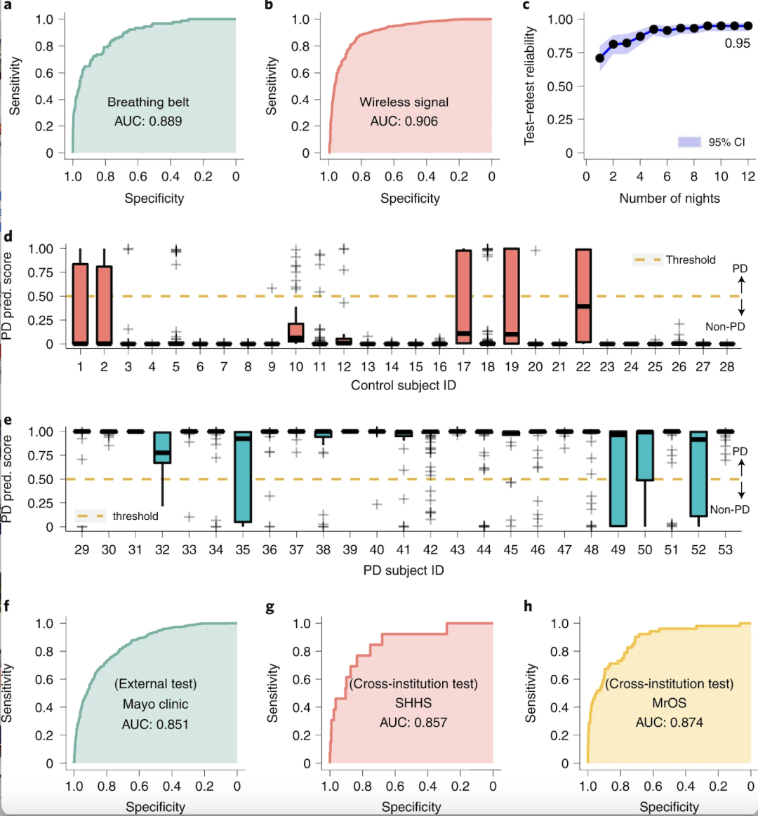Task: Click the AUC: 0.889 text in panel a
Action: pyautogui.click(x=148, y=121)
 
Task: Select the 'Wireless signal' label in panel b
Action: pyautogui.click(x=404, y=102)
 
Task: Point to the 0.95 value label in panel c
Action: pyautogui.click(x=737, y=44)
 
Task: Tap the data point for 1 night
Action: pyautogui.click(x=600, y=58)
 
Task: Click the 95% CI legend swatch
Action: pyautogui.click(x=690, y=142)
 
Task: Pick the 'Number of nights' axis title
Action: pyautogui.click(x=669, y=199)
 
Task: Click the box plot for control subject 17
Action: pyautogui.click(x=463, y=296)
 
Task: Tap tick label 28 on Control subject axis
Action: pyautogui.click(x=726, y=366)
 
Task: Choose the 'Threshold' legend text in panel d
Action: pyautogui.click(x=691, y=260)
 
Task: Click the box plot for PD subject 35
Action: pyautogui.click(x=243, y=477)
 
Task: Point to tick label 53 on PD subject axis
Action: pyautogui.click(x=725, y=549)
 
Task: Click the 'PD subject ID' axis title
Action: pyautogui.click(x=404, y=570)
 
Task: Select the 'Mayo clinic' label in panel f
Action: pyautogui.click(x=155, y=704)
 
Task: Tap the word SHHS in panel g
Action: pyautogui.click(x=413, y=703)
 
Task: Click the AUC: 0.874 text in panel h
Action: pyautogui.click(x=669, y=723)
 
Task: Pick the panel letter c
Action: pyautogui.click(x=526, y=6)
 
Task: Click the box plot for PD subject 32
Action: pyautogui.click(x=162, y=448)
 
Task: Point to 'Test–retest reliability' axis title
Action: pyautogui.click(x=530, y=86)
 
